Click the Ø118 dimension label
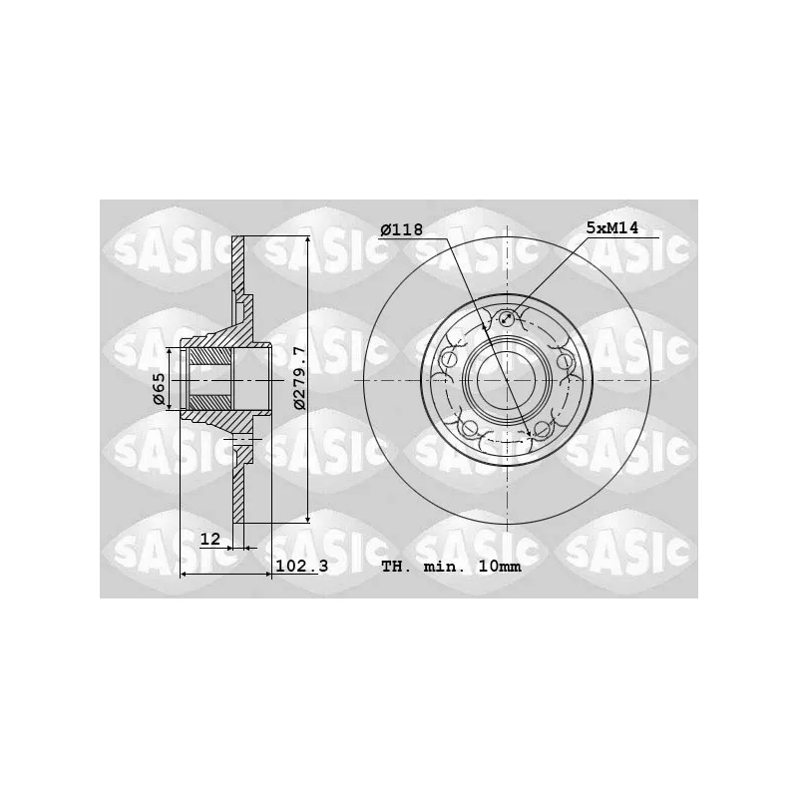point(402,230)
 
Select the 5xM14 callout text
point(612,227)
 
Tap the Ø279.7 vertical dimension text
point(299,378)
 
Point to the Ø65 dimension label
point(160,389)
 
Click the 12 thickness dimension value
point(209,539)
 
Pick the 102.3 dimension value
point(302,566)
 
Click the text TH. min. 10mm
point(452,567)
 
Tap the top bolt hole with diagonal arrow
point(507,319)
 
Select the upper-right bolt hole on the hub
point(565,361)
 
